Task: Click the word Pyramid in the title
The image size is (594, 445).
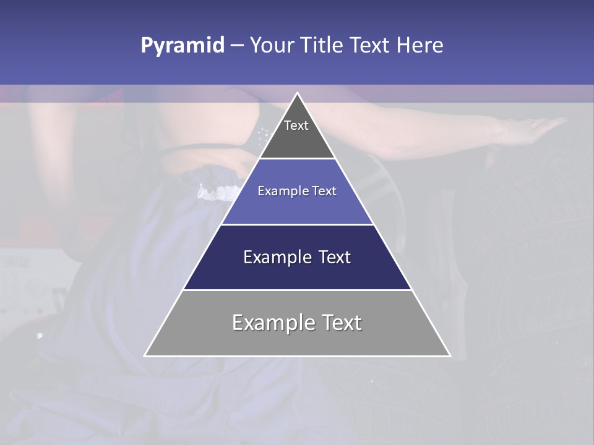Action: pos(182,46)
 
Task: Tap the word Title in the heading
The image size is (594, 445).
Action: pos(324,46)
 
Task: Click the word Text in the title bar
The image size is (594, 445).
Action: pos(371,46)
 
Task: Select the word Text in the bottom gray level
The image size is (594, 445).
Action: pos(341,323)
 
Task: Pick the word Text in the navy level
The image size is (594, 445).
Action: pos(334,257)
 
